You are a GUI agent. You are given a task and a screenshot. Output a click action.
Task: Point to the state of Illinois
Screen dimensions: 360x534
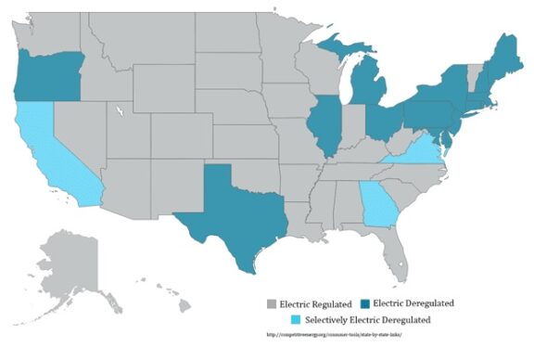pyautogui.click(x=324, y=126)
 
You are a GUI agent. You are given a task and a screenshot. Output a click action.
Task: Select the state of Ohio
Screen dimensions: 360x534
pyautogui.click(x=381, y=122)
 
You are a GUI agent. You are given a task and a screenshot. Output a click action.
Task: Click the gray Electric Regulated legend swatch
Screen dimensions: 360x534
pyautogui.click(x=271, y=304)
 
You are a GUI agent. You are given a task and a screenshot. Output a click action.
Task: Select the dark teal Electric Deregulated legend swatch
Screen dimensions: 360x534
pyautogui.click(x=364, y=304)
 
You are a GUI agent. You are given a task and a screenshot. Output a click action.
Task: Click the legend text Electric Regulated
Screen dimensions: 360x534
pyautogui.click(x=315, y=304)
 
